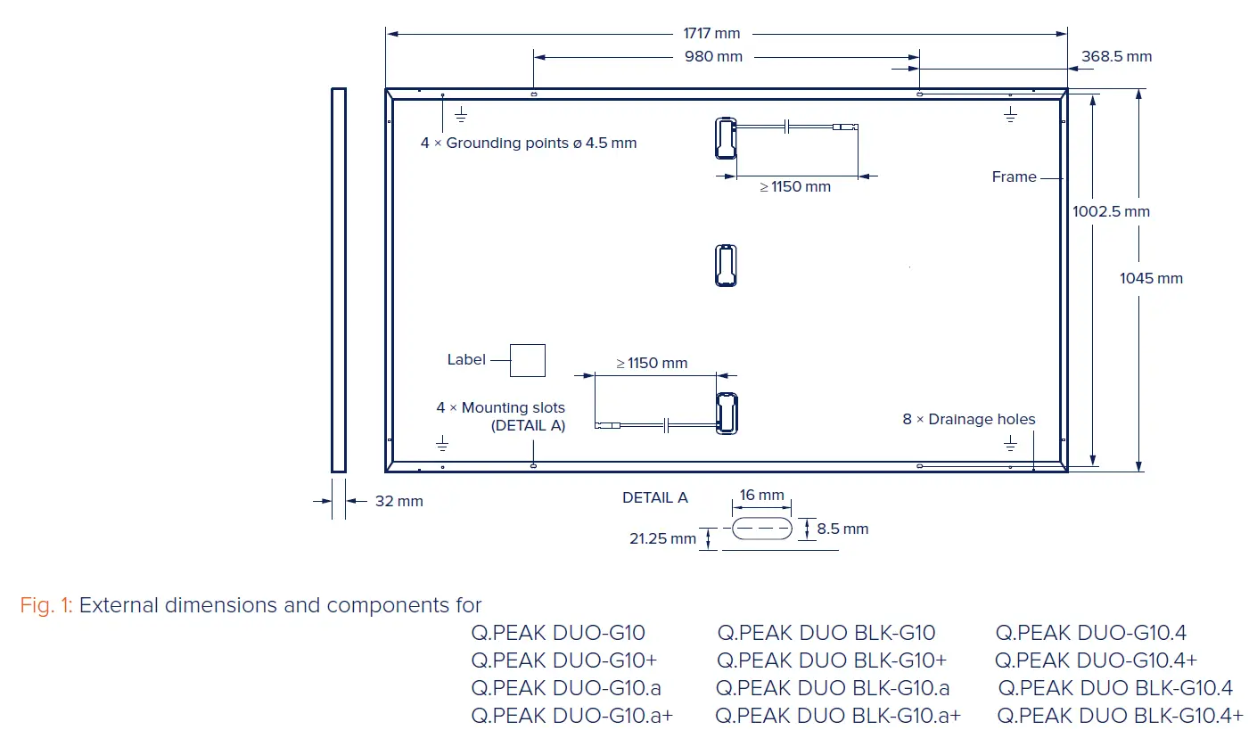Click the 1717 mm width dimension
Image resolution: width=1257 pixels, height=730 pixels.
point(711,34)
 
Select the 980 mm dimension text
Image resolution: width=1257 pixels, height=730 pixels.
point(713,57)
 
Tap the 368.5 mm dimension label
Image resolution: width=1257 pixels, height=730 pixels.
point(1116,57)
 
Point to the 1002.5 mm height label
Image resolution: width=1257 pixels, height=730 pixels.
point(1111,212)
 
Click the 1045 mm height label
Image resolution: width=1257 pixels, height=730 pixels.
point(1151,279)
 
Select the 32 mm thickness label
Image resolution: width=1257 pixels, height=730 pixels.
point(398,502)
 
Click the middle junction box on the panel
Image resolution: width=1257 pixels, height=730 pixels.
point(727,266)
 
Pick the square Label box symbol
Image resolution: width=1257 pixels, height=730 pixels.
point(527,360)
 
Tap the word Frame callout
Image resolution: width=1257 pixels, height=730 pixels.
point(1014,177)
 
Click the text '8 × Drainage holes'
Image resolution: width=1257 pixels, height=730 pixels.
point(969,420)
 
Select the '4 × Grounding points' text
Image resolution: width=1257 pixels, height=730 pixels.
point(529,144)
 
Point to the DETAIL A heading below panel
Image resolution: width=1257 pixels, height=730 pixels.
point(655,498)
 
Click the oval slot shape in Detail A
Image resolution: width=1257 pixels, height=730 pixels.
point(761,529)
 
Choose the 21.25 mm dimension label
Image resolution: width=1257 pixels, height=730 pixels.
point(662,539)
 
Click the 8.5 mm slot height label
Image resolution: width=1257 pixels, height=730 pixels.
point(842,529)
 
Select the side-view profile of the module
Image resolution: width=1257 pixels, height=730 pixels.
point(338,279)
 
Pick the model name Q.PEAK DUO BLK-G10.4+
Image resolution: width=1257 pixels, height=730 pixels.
point(1120,716)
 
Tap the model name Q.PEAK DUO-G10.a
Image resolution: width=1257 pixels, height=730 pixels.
point(566,688)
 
